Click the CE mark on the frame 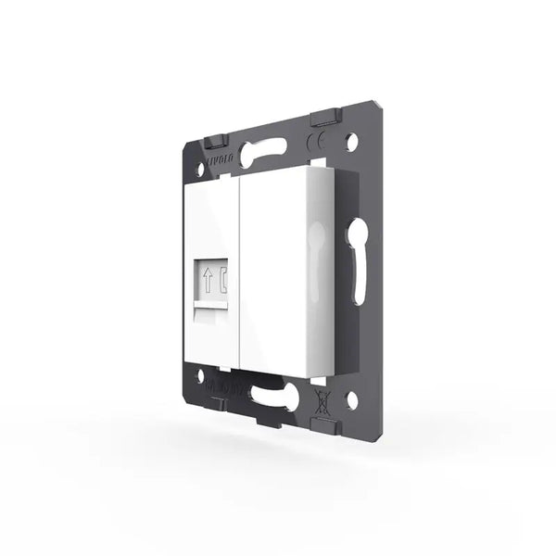pyautogui.click(x=314, y=144)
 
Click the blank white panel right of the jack pyautogui.click(x=273, y=269)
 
